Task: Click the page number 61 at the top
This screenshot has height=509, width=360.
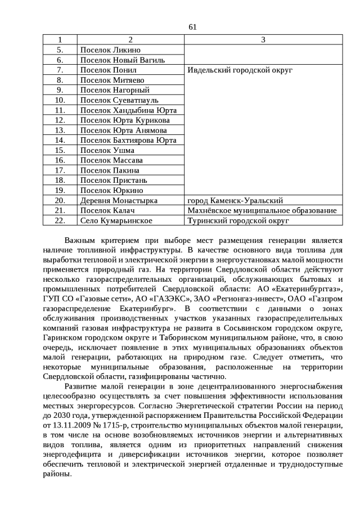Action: click(192, 26)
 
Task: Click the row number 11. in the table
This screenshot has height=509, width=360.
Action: click(60, 110)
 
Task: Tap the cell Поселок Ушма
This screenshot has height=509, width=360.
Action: click(107, 150)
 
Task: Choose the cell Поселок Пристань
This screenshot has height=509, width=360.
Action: click(114, 180)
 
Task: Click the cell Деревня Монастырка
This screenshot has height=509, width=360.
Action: click(119, 200)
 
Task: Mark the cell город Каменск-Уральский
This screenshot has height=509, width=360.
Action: click(235, 200)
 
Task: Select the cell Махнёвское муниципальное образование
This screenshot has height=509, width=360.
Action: click(262, 210)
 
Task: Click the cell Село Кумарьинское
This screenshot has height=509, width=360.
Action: click(116, 220)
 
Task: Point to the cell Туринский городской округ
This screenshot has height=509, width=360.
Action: click(238, 220)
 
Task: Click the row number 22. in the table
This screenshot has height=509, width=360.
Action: click(60, 220)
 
